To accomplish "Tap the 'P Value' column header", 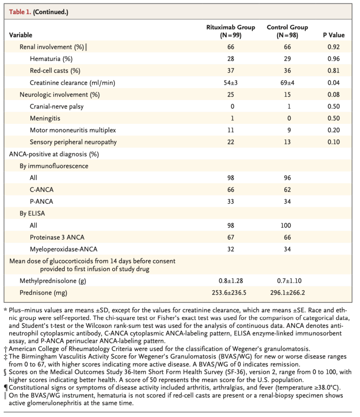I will (334, 35).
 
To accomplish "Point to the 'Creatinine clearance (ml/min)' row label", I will (72, 83).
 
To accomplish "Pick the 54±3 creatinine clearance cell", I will (230, 83).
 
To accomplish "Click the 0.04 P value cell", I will (334, 83).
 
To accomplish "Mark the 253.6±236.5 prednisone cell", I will (230, 293).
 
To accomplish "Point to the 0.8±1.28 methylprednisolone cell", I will (230, 281).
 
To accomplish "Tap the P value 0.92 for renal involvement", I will (334, 47).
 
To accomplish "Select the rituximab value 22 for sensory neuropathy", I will (230, 142).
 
